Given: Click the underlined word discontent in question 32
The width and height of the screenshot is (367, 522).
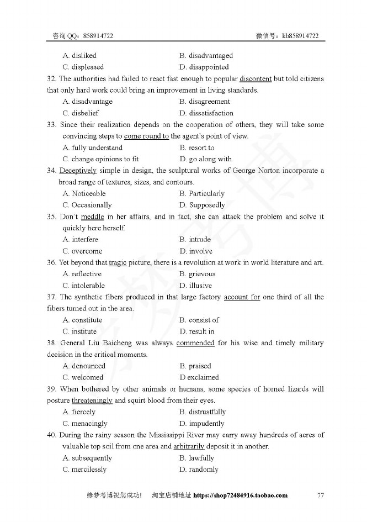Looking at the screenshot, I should tap(256, 78).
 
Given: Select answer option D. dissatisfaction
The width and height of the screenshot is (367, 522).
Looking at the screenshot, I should tap(203, 113).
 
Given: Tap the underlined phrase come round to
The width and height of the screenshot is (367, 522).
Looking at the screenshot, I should tap(146, 136).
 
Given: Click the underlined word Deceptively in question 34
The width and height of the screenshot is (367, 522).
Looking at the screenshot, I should tap(78, 171).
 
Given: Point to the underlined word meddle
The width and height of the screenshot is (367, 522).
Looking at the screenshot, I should tap(92, 217).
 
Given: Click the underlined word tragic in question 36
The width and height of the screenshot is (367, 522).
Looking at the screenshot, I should tap(118, 262).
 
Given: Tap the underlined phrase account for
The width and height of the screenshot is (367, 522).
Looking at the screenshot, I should tap(242, 297).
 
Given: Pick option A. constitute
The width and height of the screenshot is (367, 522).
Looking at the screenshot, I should tap(82, 320).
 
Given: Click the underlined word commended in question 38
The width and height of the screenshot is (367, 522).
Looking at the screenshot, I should tap(195, 343).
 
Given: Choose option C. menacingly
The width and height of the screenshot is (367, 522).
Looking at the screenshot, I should tap(85, 424).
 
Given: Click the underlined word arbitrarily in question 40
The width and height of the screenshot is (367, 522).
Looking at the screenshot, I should tap(189, 446).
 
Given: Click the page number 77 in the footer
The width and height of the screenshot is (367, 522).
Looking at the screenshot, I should tap(321, 495).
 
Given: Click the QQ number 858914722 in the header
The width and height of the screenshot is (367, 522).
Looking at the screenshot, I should tap(98, 36).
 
